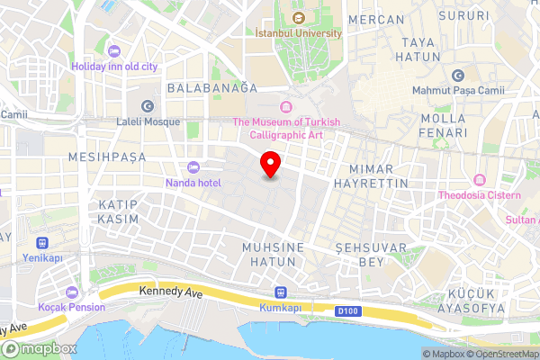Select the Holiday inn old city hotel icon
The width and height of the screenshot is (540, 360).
(x=112, y=50)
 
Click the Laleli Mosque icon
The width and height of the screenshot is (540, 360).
(x=148, y=105)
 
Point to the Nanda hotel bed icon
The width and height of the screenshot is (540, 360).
(x=193, y=167)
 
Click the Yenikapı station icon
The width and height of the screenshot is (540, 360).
(x=42, y=242)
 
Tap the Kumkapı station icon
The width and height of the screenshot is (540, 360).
(x=280, y=292)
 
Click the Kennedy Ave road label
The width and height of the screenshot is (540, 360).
(x=170, y=292)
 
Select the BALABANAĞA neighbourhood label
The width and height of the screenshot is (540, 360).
(x=211, y=88)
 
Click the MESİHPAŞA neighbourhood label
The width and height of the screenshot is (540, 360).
(x=107, y=157)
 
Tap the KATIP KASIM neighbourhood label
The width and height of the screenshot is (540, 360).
(x=119, y=212)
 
